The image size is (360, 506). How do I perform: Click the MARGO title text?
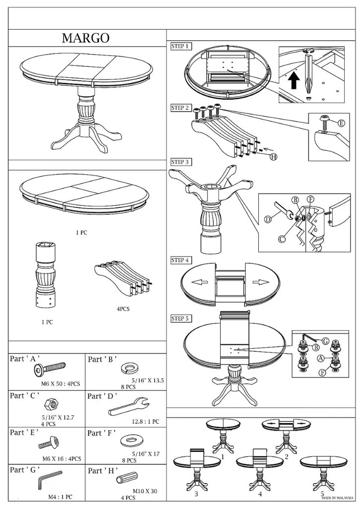coord(85,38)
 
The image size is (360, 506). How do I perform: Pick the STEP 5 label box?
coord(180,318)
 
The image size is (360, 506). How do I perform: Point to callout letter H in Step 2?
coord(273,157)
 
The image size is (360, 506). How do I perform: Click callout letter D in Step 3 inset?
coord(268,219)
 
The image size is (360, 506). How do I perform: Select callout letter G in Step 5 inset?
coord(325,341)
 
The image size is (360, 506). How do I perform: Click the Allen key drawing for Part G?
coord(50,480)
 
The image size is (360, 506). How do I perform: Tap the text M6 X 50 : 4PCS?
coord(60,384)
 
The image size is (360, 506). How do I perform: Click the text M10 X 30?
coord(145,491)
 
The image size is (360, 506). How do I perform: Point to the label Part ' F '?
coord(102,433)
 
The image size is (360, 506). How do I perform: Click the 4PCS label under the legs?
coord(122,309)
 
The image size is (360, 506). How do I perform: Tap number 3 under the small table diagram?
coord(196,494)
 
